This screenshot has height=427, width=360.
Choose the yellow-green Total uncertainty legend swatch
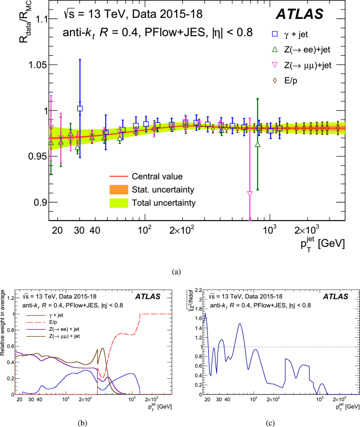click(120, 203)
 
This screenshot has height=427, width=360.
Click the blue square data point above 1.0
click(80, 108)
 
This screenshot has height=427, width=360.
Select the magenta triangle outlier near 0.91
click(249, 194)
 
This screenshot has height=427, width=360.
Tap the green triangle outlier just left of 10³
click(258, 144)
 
